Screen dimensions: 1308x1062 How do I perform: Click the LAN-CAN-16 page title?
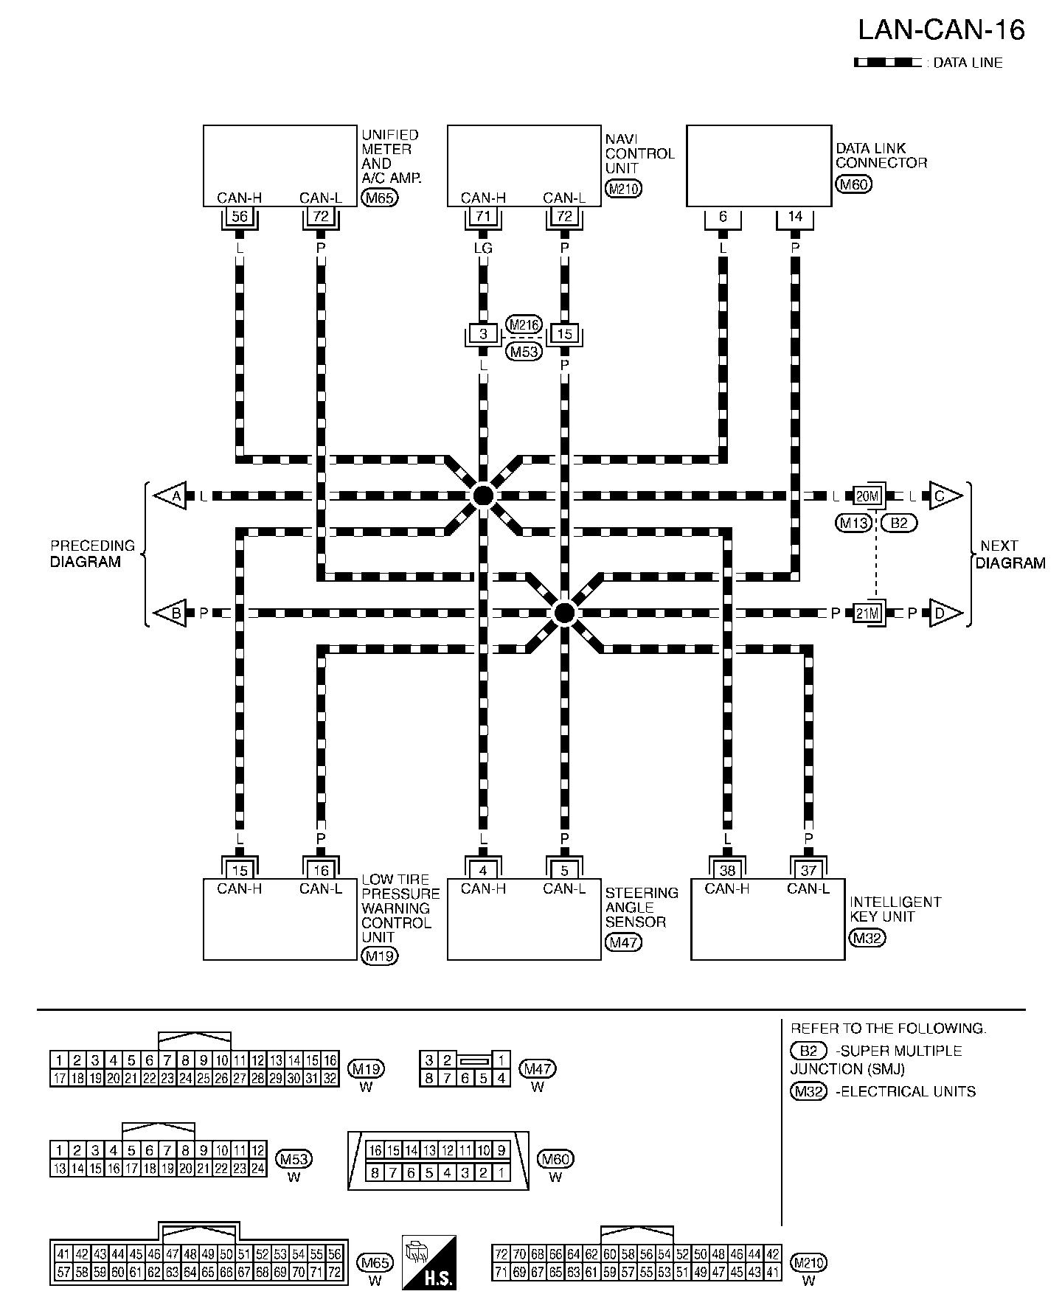[941, 30]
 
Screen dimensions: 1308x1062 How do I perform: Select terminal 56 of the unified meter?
[240, 217]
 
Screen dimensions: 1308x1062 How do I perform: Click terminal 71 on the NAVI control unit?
[483, 217]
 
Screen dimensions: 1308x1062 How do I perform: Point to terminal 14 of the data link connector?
[795, 217]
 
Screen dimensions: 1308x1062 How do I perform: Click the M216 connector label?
[524, 325]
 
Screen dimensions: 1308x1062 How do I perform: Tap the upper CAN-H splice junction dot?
[483, 495]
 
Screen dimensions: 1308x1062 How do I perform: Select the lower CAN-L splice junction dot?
[564, 613]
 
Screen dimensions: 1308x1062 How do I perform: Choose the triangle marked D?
[944, 613]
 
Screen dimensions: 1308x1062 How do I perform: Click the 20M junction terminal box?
[868, 496]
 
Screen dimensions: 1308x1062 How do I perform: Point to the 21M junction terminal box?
[868, 613]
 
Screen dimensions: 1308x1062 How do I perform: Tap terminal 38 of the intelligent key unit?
[727, 871]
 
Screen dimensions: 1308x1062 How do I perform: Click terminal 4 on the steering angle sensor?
[483, 871]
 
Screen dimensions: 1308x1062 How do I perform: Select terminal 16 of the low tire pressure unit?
[321, 871]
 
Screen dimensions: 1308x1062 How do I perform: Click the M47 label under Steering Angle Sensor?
[623, 942]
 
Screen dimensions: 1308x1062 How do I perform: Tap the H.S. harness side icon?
[428, 1262]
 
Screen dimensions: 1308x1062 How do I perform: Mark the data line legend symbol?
[887, 63]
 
